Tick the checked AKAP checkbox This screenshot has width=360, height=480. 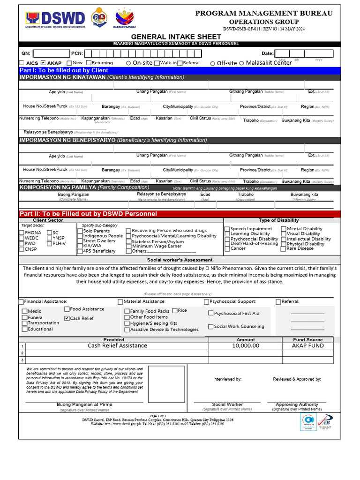coord(43,63)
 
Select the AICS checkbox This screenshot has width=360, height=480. coord(22,63)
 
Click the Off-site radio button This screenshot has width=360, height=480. coord(213,63)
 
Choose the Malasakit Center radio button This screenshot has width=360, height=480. coord(241,63)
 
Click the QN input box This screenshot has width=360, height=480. coord(52,53)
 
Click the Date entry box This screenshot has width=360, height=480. coord(304,53)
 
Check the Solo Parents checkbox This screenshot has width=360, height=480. coord(80,231)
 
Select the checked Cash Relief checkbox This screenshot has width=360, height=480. coord(67,318)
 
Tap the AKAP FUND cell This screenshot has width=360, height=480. coord(307,345)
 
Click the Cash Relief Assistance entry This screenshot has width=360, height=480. coord(117,345)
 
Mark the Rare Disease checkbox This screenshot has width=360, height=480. coord(283,249)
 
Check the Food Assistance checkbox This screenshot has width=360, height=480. coord(67,309)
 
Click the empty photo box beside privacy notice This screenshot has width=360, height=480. coord(166,384)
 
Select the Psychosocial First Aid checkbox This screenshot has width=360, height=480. coord(211,313)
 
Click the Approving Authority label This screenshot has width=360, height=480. coord(297,404)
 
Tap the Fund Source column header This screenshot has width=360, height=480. coord(307,339)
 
